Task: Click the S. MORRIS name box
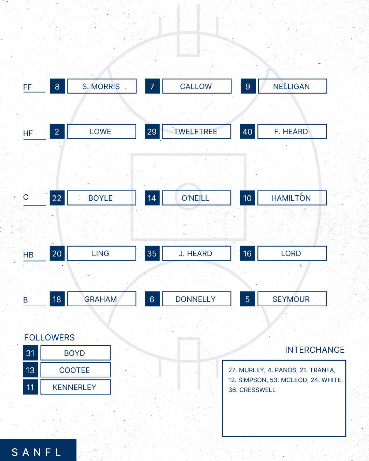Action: (x=102, y=86)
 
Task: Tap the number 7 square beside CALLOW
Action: (x=153, y=86)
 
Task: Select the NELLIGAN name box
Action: (x=292, y=86)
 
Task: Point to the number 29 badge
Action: (x=152, y=131)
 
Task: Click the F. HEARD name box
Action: (x=292, y=131)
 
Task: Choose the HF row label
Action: (x=28, y=133)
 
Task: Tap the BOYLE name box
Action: (x=101, y=198)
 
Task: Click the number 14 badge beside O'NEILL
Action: (x=152, y=198)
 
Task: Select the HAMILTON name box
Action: (x=292, y=198)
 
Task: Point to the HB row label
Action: (x=28, y=255)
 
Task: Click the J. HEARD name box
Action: (x=196, y=253)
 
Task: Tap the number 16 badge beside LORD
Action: (x=247, y=253)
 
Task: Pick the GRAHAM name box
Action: (x=101, y=299)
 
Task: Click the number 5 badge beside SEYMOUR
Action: (x=247, y=299)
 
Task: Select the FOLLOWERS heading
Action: (x=49, y=337)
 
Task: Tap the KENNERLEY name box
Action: (x=75, y=387)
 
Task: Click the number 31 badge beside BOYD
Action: (x=30, y=353)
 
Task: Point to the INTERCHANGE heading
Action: (x=315, y=350)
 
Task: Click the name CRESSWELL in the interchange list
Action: (x=257, y=390)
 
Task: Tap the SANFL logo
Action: (x=38, y=450)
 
